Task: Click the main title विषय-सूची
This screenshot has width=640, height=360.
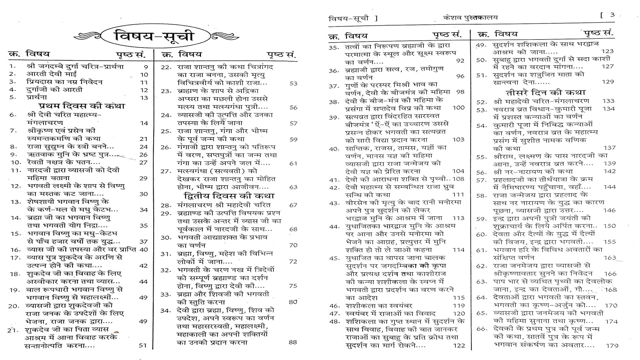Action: click(154, 36)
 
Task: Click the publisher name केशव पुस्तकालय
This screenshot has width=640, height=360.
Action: click(470, 17)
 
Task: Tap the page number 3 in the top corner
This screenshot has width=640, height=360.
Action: click(612, 15)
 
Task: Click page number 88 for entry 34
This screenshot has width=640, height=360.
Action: click(292, 342)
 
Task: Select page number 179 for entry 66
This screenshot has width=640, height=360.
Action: click(612, 345)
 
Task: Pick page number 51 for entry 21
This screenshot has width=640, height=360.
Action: click(143, 345)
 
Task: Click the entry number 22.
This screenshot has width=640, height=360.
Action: click(166, 67)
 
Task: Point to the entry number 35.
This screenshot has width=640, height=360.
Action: click(334, 47)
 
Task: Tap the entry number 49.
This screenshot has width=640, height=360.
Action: click(481, 44)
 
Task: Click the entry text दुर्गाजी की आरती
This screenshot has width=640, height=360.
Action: click(47, 90)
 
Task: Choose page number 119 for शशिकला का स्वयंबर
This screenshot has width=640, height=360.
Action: click(459, 305)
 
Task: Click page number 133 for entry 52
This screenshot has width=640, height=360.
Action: click(608, 101)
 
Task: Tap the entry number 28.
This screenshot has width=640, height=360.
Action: click(166, 205)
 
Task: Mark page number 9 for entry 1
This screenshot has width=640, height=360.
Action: click(146, 67)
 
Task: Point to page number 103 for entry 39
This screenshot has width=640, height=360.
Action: click(458, 139)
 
